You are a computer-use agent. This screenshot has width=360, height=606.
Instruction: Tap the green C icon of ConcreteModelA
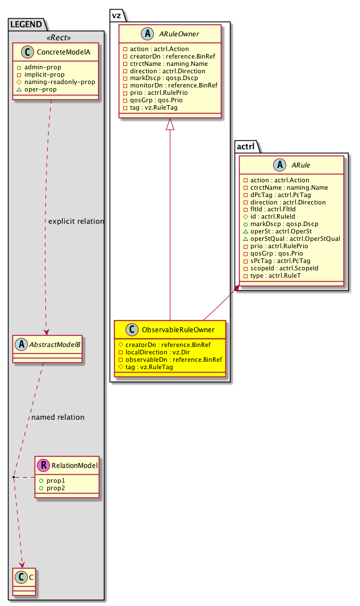[x=26, y=53]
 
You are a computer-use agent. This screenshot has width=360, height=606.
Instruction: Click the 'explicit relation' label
[x=76, y=221]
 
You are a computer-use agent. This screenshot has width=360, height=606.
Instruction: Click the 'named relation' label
[x=58, y=417]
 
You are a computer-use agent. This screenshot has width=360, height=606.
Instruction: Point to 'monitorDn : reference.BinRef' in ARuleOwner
[x=170, y=85]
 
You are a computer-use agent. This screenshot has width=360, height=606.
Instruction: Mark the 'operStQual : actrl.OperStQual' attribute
[x=291, y=239]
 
